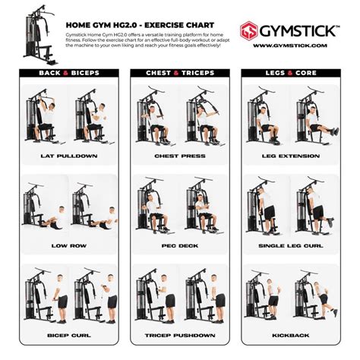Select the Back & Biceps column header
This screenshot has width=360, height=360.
coord(69,74)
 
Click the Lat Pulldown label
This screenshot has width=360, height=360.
coord(69,156)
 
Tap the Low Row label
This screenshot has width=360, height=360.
coord(69,246)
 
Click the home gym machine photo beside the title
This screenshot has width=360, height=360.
coord(37,33)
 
